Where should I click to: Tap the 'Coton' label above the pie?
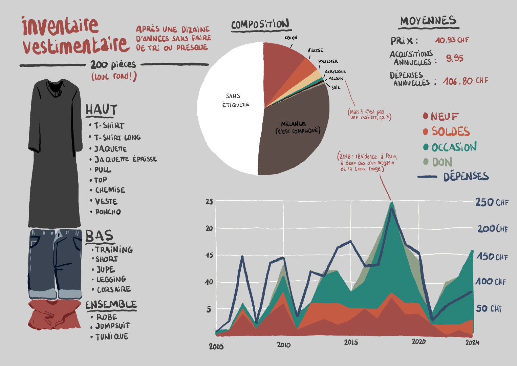(291, 38)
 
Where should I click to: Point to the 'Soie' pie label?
(336, 87)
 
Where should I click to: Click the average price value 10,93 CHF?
(452, 40)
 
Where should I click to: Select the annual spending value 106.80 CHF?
(466, 81)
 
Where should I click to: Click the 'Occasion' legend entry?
(454, 147)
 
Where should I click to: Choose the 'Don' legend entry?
(442, 162)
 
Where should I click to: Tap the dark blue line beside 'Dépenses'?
(427, 177)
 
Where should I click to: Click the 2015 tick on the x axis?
(351, 342)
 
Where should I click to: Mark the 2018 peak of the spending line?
(391, 209)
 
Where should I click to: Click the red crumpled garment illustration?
(54, 315)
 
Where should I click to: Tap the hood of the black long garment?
(55, 86)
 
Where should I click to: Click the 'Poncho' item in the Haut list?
(108, 212)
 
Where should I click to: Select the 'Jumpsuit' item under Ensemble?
(112, 326)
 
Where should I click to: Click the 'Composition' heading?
(260, 24)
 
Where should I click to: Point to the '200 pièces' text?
(113, 64)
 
